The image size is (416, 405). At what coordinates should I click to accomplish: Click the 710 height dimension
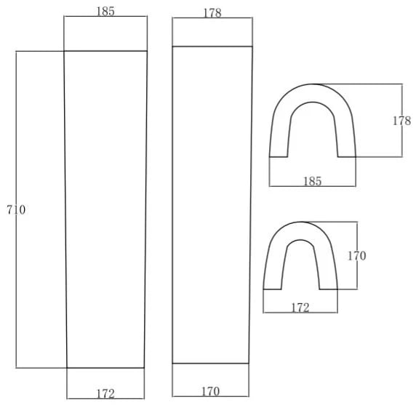pos(16,210)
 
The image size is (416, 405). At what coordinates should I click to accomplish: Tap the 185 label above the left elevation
pos(105,12)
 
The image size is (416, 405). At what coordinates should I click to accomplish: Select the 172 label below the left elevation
pos(105,394)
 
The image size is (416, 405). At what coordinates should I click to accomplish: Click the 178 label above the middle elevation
pos(212,13)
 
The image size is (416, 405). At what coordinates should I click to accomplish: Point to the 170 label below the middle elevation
pos(211,391)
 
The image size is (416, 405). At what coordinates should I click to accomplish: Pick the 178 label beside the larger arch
pos(401,121)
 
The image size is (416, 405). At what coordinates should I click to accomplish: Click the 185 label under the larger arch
pos(312,182)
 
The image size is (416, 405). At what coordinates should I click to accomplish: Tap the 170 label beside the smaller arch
pos(357,256)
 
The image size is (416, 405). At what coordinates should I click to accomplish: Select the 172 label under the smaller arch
pos(300,308)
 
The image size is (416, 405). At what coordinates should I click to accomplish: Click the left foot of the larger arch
pos(279,157)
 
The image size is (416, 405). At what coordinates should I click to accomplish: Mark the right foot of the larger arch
pos(347,157)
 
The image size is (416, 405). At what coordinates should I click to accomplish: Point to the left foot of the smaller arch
pos(272,289)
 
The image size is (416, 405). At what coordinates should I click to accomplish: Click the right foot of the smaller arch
pos(329,289)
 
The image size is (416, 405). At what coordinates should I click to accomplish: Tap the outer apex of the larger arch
pos(313,84)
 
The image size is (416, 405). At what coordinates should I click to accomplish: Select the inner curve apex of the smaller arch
pos(300,240)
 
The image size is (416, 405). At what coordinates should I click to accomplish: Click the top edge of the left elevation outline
pos(105,51)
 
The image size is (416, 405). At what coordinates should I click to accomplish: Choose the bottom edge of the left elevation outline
pos(105,368)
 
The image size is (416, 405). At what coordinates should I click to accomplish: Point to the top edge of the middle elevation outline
pos(212,47)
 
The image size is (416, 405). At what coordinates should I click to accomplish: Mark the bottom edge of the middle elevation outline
pos(210,363)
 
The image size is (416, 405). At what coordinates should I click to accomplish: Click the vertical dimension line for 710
pos(16,209)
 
